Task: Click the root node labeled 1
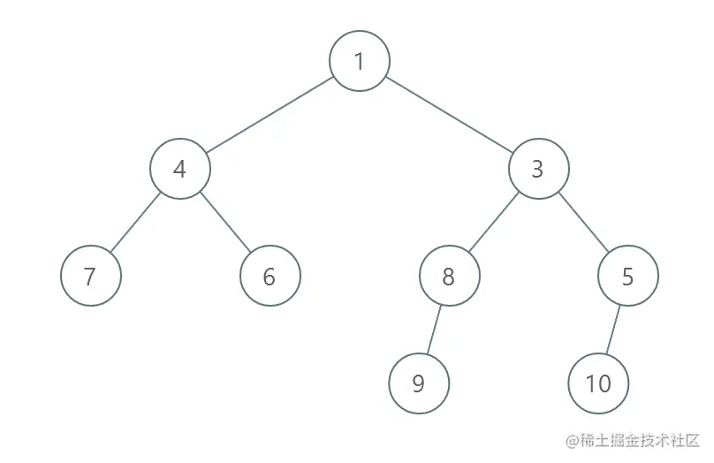coord(359,61)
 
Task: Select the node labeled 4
coord(180,169)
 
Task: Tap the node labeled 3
coord(538,169)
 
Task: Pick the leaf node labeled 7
coord(90,277)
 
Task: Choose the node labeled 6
coord(270,277)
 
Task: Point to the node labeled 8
coord(449,277)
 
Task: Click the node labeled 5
coord(627,277)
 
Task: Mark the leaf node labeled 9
coord(419,383)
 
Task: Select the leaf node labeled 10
coord(598,383)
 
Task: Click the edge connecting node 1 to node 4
coord(270,115)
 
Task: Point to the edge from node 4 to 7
coord(135,223)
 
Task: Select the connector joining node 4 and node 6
coord(225,223)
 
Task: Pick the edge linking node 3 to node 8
coord(493,223)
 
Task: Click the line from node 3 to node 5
coord(583,223)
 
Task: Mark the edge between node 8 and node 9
coord(434,330)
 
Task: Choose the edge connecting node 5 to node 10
coord(613,330)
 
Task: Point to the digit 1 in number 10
coord(589,383)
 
